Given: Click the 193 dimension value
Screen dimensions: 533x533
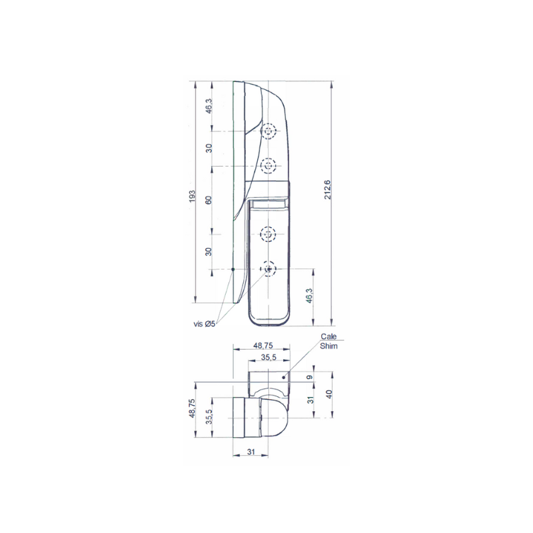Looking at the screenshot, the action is click(x=192, y=197).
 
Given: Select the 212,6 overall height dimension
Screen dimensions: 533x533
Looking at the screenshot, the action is click(x=328, y=190).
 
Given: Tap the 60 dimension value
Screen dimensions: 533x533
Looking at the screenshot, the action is click(x=209, y=200).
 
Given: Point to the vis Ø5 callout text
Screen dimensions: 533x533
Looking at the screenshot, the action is click(x=205, y=324).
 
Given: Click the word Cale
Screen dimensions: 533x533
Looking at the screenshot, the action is click(x=328, y=336).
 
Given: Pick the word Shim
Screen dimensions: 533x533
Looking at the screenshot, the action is click(x=328, y=346).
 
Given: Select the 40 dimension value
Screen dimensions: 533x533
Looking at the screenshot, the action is click(x=328, y=394).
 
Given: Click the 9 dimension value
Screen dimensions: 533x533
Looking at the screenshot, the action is click(x=309, y=377).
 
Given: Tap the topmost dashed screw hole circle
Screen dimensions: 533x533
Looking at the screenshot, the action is click(x=268, y=131).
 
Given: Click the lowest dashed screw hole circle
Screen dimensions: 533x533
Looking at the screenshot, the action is click(x=268, y=269).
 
